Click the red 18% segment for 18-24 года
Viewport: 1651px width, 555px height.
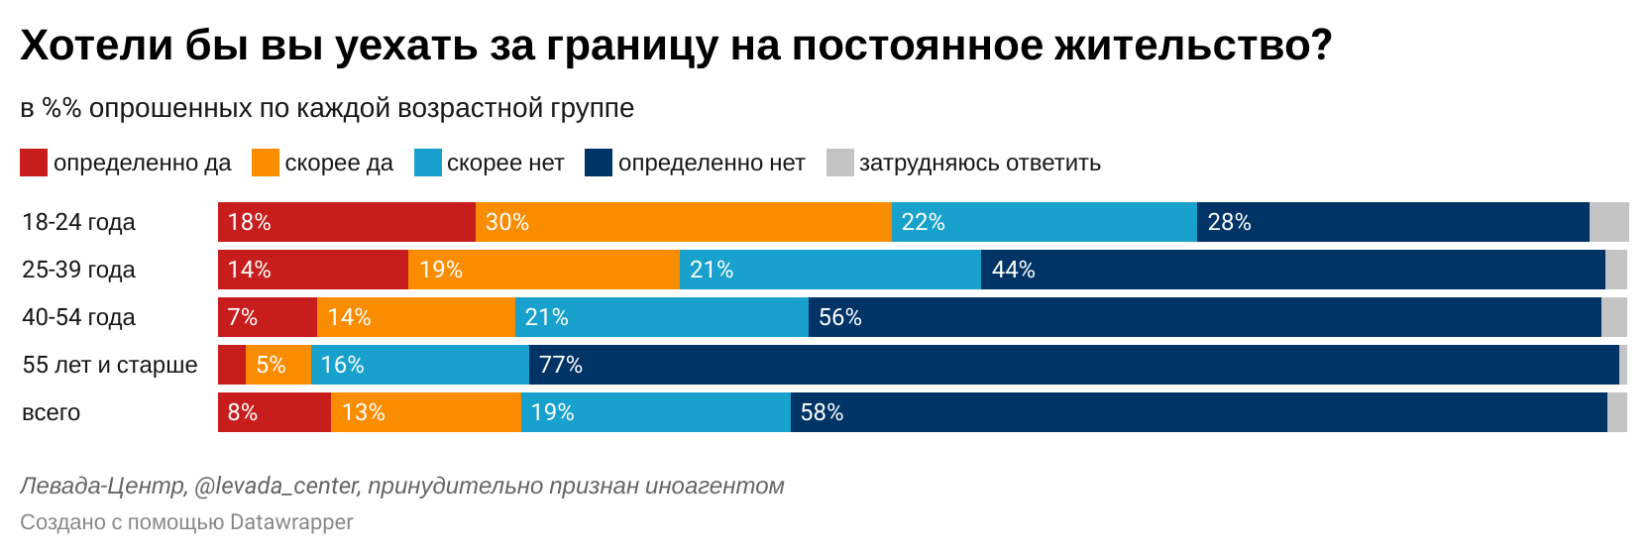click(x=347, y=222)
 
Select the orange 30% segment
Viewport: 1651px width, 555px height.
click(x=684, y=222)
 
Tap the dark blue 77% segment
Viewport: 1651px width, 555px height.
click(x=1074, y=365)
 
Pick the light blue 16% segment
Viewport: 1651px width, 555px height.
click(x=420, y=365)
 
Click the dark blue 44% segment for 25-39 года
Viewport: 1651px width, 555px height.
click(x=1293, y=270)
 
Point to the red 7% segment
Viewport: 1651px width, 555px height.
click(x=268, y=317)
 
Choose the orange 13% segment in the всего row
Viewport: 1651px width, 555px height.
click(x=426, y=412)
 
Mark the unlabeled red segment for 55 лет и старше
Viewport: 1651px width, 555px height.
click(x=232, y=365)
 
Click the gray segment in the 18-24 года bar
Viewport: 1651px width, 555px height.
click(x=1608, y=222)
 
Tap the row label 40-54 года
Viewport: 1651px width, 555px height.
click(x=78, y=317)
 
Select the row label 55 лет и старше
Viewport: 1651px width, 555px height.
click(x=110, y=365)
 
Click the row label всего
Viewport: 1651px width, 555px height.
click(x=51, y=412)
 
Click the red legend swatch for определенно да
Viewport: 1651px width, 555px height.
click(x=34, y=163)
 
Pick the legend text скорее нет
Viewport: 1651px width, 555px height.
click(x=505, y=163)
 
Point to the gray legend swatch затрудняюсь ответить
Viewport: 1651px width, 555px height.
click(x=840, y=163)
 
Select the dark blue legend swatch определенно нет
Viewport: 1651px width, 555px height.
click(x=599, y=163)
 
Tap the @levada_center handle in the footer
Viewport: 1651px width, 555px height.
click(x=277, y=486)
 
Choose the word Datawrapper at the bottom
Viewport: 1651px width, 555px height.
click(x=291, y=522)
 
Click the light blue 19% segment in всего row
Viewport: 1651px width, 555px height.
click(x=656, y=412)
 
